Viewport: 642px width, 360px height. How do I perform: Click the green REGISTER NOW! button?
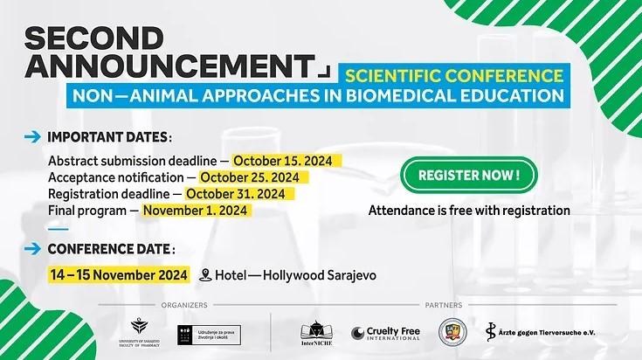pyautogui.click(x=469, y=175)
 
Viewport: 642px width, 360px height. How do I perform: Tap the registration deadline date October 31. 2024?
pyautogui.click(x=235, y=194)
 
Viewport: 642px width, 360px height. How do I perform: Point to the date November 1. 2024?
pyautogui.click(x=197, y=211)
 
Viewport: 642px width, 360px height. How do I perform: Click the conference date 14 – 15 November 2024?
pyautogui.click(x=120, y=274)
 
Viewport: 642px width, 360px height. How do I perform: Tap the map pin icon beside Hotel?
pyautogui.click(x=205, y=275)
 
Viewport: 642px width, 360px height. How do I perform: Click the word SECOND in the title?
pyautogui.click(x=93, y=38)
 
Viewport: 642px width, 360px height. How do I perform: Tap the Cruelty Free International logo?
pyautogui.click(x=386, y=332)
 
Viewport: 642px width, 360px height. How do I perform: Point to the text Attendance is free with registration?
pyautogui.click(x=469, y=211)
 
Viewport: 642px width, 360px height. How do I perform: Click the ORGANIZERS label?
pyautogui.click(x=183, y=305)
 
